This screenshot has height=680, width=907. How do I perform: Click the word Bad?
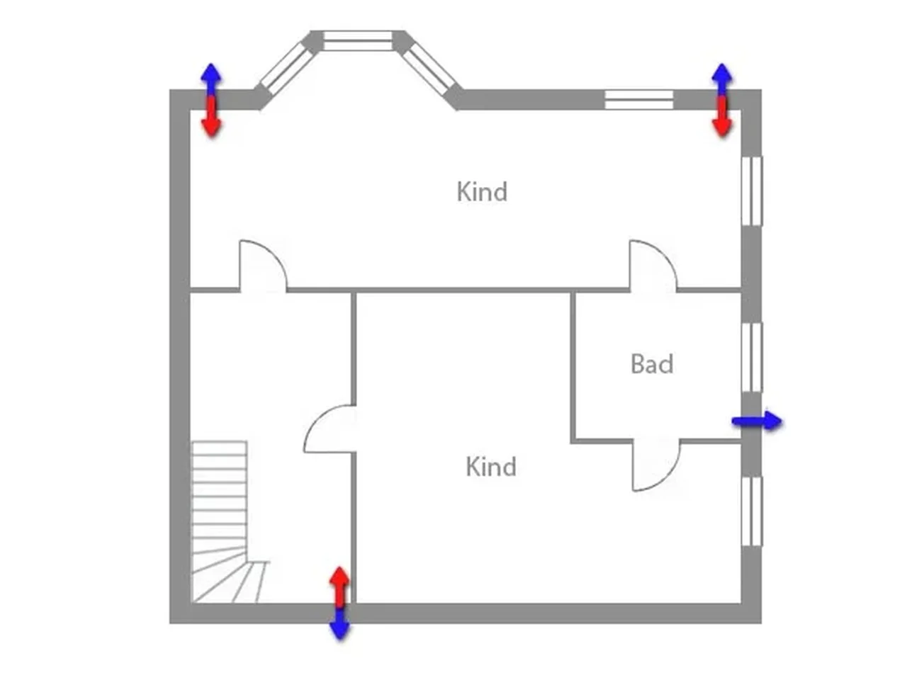pos(652,364)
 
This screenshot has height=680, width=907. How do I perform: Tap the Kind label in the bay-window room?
pos(482,192)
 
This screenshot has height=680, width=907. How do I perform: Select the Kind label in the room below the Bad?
pos(491,467)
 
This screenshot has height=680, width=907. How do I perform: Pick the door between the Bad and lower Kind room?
pos(655,465)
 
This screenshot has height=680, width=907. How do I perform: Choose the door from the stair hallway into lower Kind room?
pos(330,429)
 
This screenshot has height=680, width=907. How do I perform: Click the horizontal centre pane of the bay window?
pos(358,40)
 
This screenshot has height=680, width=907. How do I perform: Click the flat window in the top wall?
pos(638,100)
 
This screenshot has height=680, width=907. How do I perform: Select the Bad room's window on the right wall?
pos(752,357)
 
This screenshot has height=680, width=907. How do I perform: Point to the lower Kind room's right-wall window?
pos(752,511)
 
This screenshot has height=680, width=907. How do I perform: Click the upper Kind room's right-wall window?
pos(752,191)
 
